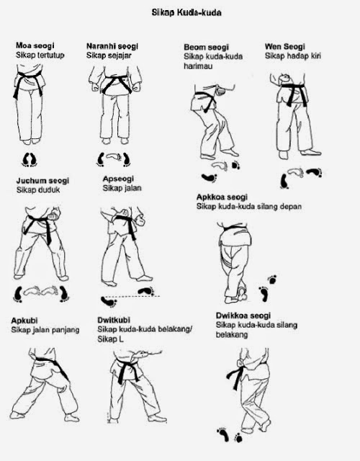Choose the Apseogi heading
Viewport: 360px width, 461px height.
(118, 180)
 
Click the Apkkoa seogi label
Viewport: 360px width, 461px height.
(222, 197)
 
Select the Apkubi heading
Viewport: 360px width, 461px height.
(25, 321)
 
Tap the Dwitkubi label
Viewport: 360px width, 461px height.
(116, 321)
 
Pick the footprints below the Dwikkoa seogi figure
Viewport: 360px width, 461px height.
(229, 434)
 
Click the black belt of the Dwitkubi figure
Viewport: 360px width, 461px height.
(130, 371)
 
